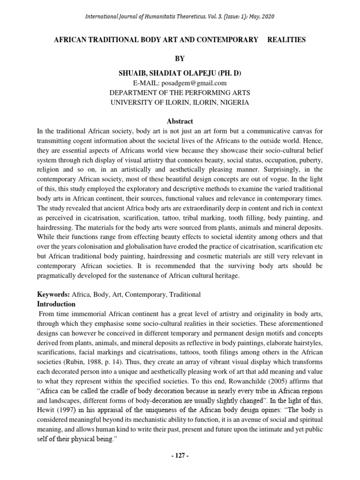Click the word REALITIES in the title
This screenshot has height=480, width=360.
point(286,40)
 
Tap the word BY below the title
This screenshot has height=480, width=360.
point(180,59)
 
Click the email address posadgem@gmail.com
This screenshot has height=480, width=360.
point(190,83)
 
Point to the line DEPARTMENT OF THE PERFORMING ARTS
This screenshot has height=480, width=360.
point(180,93)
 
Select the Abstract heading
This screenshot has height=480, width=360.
point(180,121)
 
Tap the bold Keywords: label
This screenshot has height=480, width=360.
point(53,294)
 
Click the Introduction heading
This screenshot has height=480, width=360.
point(57,304)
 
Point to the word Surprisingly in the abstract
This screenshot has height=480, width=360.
point(281,170)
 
